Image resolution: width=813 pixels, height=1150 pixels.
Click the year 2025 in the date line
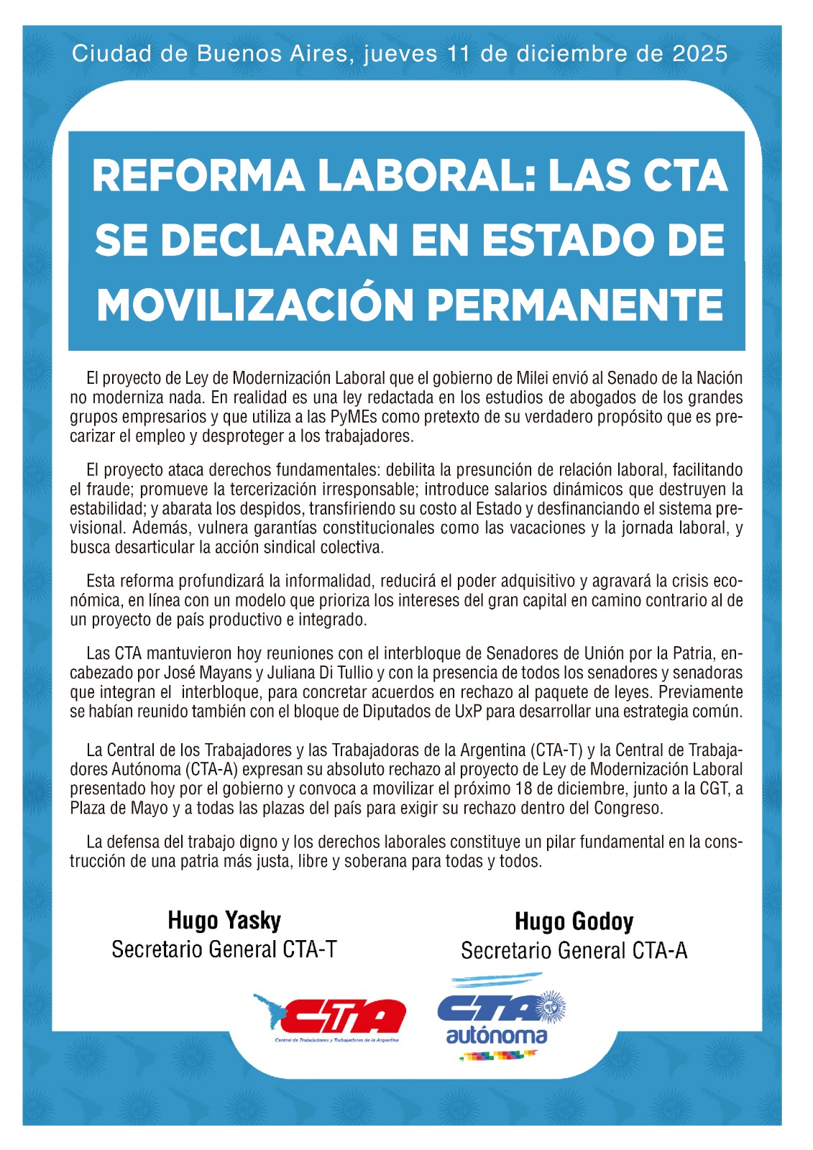(700, 54)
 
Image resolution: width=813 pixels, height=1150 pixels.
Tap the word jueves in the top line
(400, 54)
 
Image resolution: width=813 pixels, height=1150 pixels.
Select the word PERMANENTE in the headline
(579, 305)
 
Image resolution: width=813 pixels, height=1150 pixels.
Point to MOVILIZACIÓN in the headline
(255, 305)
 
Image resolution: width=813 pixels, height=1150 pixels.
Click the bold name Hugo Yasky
(224, 921)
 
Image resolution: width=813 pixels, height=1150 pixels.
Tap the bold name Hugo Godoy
(574, 922)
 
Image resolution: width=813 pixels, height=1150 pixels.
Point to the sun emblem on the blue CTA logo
(551, 1007)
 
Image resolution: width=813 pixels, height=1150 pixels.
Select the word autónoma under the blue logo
(496, 1036)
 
